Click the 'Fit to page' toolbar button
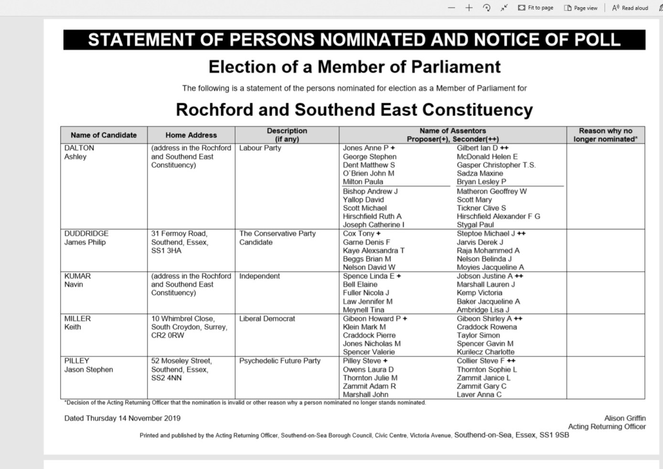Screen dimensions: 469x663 point(535,8)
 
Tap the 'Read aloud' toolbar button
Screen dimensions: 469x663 point(630,8)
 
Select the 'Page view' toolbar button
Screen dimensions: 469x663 point(581,8)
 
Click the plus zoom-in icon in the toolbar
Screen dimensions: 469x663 point(469,8)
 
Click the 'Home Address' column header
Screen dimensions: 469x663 point(191,135)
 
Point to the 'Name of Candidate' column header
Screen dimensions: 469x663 point(104,135)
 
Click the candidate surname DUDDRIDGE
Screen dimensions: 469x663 point(86,233)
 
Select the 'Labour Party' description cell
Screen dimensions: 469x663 point(260,148)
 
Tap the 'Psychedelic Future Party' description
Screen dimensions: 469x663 point(280,361)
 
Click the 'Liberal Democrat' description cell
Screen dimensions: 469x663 point(267,318)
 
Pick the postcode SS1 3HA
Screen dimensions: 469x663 point(166,251)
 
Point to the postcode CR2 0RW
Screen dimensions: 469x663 point(168,335)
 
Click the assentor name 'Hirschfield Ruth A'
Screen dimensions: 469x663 point(372,216)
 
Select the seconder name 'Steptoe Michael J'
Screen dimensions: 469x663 point(486,233)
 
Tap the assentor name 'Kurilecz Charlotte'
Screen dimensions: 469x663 point(485,352)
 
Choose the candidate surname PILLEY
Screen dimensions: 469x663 point(77,361)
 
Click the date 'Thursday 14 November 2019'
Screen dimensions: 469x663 point(133,418)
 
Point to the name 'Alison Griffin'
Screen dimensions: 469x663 point(625,418)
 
